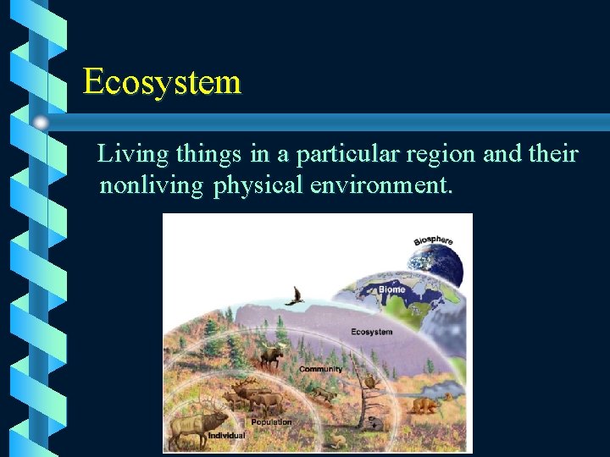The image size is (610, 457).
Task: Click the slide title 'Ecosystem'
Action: pos(162,82)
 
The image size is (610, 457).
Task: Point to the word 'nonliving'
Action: pos(151,184)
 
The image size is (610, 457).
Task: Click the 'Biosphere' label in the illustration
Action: pos(433,241)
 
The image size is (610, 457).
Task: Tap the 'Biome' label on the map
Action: pos(391,289)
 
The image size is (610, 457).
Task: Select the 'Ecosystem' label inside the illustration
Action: pos(371,332)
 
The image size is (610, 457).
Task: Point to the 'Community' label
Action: pos(320,369)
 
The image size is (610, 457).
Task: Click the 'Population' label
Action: pos(271,421)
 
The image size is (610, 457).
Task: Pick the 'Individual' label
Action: pos(226,436)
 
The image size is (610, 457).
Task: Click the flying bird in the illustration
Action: pos(294,295)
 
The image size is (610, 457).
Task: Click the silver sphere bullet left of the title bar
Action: pos(41,123)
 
